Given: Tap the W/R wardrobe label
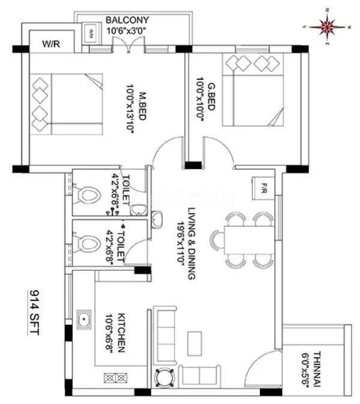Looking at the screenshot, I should (x=50, y=44).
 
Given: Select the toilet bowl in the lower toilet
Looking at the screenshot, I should (x=89, y=244).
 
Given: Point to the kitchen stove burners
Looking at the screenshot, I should (x=116, y=378).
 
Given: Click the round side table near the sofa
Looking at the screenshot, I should (x=164, y=376).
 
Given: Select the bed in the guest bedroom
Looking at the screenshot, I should (x=253, y=89).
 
